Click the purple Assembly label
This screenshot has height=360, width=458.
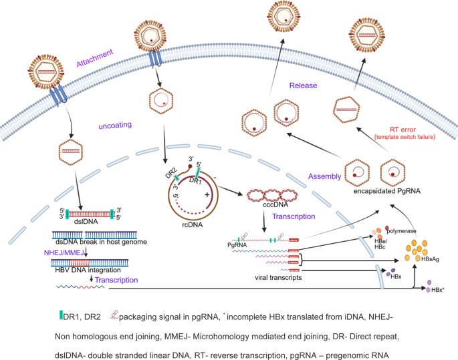tap(325, 177)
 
